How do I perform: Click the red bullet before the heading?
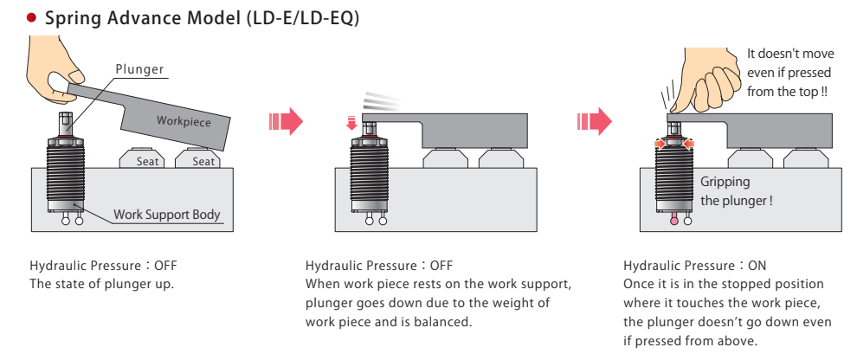tap(31, 17)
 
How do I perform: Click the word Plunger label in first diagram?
tap(139, 70)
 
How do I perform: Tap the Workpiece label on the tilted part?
tap(184, 121)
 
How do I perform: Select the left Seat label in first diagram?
tap(144, 161)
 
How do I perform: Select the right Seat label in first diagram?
tap(203, 161)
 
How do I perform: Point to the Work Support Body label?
tap(167, 215)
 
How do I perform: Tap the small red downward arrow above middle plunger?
tap(351, 124)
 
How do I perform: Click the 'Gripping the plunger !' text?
tap(736, 191)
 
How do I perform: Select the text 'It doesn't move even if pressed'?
tap(790, 62)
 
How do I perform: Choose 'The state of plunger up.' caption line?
tap(102, 284)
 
